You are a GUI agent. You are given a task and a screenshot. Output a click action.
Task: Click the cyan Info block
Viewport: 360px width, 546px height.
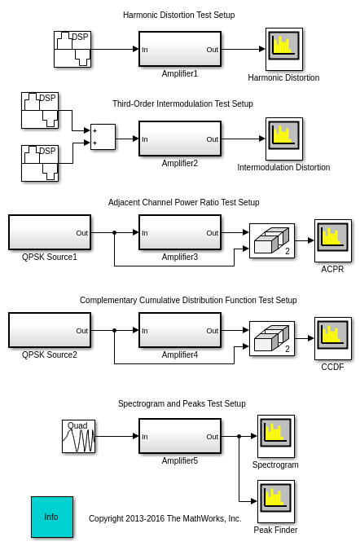click(x=52, y=517)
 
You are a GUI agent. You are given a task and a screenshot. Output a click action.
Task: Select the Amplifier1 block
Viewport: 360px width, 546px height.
click(x=180, y=49)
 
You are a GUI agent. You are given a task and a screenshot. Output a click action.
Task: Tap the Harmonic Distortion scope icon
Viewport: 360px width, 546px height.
click(x=284, y=49)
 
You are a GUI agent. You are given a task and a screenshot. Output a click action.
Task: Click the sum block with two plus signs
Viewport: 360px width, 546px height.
click(x=103, y=137)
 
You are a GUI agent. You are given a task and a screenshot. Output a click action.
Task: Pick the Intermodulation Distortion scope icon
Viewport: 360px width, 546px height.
click(x=284, y=139)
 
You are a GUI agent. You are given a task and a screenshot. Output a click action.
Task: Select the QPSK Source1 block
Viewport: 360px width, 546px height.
click(x=50, y=232)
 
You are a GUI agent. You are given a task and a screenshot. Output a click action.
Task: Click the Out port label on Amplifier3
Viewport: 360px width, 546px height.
click(x=212, y=233)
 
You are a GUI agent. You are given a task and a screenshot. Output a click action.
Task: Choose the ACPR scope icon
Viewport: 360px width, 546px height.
click(x=333, y=240)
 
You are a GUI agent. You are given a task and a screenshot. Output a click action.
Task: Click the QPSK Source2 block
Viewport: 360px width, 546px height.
click(x=50, y=330)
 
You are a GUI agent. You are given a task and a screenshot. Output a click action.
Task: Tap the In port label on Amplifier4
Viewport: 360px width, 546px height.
click(x=145, y=331)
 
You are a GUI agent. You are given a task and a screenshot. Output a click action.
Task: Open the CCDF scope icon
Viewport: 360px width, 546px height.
click(x=333, y=338)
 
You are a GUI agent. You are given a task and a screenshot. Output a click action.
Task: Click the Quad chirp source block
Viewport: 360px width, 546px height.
click(x=79, y=436)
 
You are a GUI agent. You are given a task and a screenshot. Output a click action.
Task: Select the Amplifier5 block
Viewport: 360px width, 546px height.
click(x=180, y=436)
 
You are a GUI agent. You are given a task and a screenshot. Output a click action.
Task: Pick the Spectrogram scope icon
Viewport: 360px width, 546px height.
click(x=276, y=436)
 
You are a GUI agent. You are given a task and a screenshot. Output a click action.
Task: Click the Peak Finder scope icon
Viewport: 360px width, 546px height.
click(x=276, y=501)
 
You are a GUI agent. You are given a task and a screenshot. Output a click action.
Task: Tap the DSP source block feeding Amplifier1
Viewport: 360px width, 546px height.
click(x=72, y=49)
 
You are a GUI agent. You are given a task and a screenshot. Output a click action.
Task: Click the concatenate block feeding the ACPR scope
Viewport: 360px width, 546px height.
click(x=272, y=240)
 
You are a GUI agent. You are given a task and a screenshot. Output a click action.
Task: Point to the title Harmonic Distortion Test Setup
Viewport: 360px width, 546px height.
click(x=179, y=15)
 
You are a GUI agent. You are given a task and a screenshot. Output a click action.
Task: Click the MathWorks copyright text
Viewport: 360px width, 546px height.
click(x=165, y=518)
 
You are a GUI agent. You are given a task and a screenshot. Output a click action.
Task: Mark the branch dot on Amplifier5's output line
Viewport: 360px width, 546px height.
click(x=239, y=436)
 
